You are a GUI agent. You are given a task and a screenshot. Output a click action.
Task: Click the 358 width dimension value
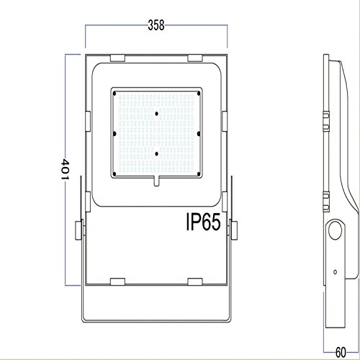click(156, 25)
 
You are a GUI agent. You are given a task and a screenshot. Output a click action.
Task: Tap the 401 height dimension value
click(65, 169)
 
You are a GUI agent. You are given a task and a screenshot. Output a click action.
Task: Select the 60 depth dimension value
click(341, 352)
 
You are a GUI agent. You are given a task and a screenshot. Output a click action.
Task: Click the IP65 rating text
click(204, 222)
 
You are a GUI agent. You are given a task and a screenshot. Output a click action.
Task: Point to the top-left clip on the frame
click(117, 58)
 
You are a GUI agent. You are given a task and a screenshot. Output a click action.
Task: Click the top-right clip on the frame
click(195, 58)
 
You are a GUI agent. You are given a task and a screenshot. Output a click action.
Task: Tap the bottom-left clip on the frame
click(117, 282)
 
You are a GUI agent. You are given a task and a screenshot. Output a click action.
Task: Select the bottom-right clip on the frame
click(195, 282)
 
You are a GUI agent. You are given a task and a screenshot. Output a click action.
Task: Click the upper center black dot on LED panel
click(156, 114)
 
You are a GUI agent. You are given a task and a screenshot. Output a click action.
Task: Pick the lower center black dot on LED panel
click(156, 154)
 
